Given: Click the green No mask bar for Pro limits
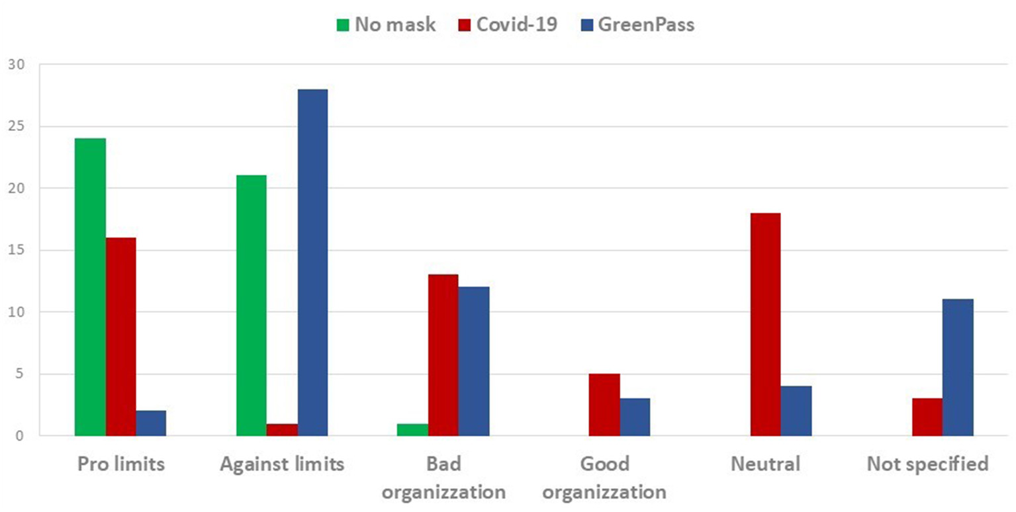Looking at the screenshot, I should tap(90, 286).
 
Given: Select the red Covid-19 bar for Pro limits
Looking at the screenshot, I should tap(120, 336).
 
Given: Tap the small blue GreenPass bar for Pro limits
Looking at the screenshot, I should tap(151, 423).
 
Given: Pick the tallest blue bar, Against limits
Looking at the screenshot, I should tap(312, 262).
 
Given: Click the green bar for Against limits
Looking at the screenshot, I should tap(252, 305).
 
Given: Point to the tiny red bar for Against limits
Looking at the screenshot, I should tap(282, 430).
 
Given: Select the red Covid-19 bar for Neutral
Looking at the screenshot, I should tap(765, 324).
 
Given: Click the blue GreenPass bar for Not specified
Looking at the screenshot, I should tap(958, 367).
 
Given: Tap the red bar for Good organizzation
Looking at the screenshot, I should tap(604, 405).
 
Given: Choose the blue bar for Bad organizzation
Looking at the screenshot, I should tap(474, 361).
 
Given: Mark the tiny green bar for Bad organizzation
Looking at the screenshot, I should tap(412, 430).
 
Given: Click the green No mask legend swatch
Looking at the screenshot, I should tap(342, 26).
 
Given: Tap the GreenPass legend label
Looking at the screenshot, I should tap(646, 26).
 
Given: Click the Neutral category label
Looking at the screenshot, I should tap(765, 464).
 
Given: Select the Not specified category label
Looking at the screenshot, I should tap(927, 464).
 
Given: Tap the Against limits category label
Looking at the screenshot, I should tap(282, 464).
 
